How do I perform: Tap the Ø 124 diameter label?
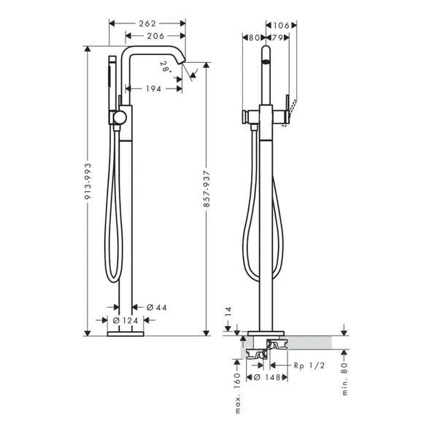(x=126, y=321)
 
